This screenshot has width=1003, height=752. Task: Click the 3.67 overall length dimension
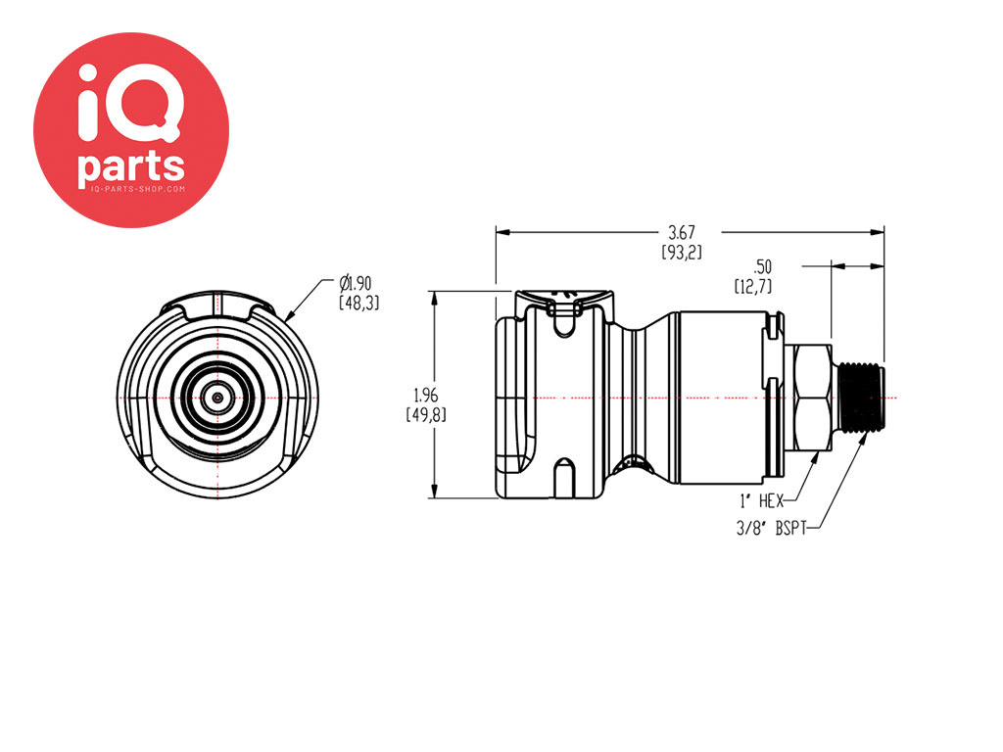pyautogui.click(x=682, y=231)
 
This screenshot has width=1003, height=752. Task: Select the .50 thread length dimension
pyautogui.click(x=762, y=266)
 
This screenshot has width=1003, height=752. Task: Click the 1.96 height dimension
pyautogui.click(x=426, y=395)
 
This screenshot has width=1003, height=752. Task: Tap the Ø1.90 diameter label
pyautogui.click(x=355, y=283)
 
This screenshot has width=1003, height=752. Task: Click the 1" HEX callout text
pyautogui.click(x=761, y=500)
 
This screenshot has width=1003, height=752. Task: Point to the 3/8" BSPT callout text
pyautogui.click(x=772, y=528)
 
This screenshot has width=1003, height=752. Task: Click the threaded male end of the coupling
pyautogui.click(x=861, y=398)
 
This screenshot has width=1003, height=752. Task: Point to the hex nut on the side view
pyautogui.click(x=812, y=398)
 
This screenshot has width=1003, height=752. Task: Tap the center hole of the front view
pyautogui.click(x=218, y=398)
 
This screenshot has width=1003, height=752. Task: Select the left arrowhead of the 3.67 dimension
pyautogui.click(x=502, y=232)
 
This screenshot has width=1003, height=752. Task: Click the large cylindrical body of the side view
pyautogui.click(x=722, y=398)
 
